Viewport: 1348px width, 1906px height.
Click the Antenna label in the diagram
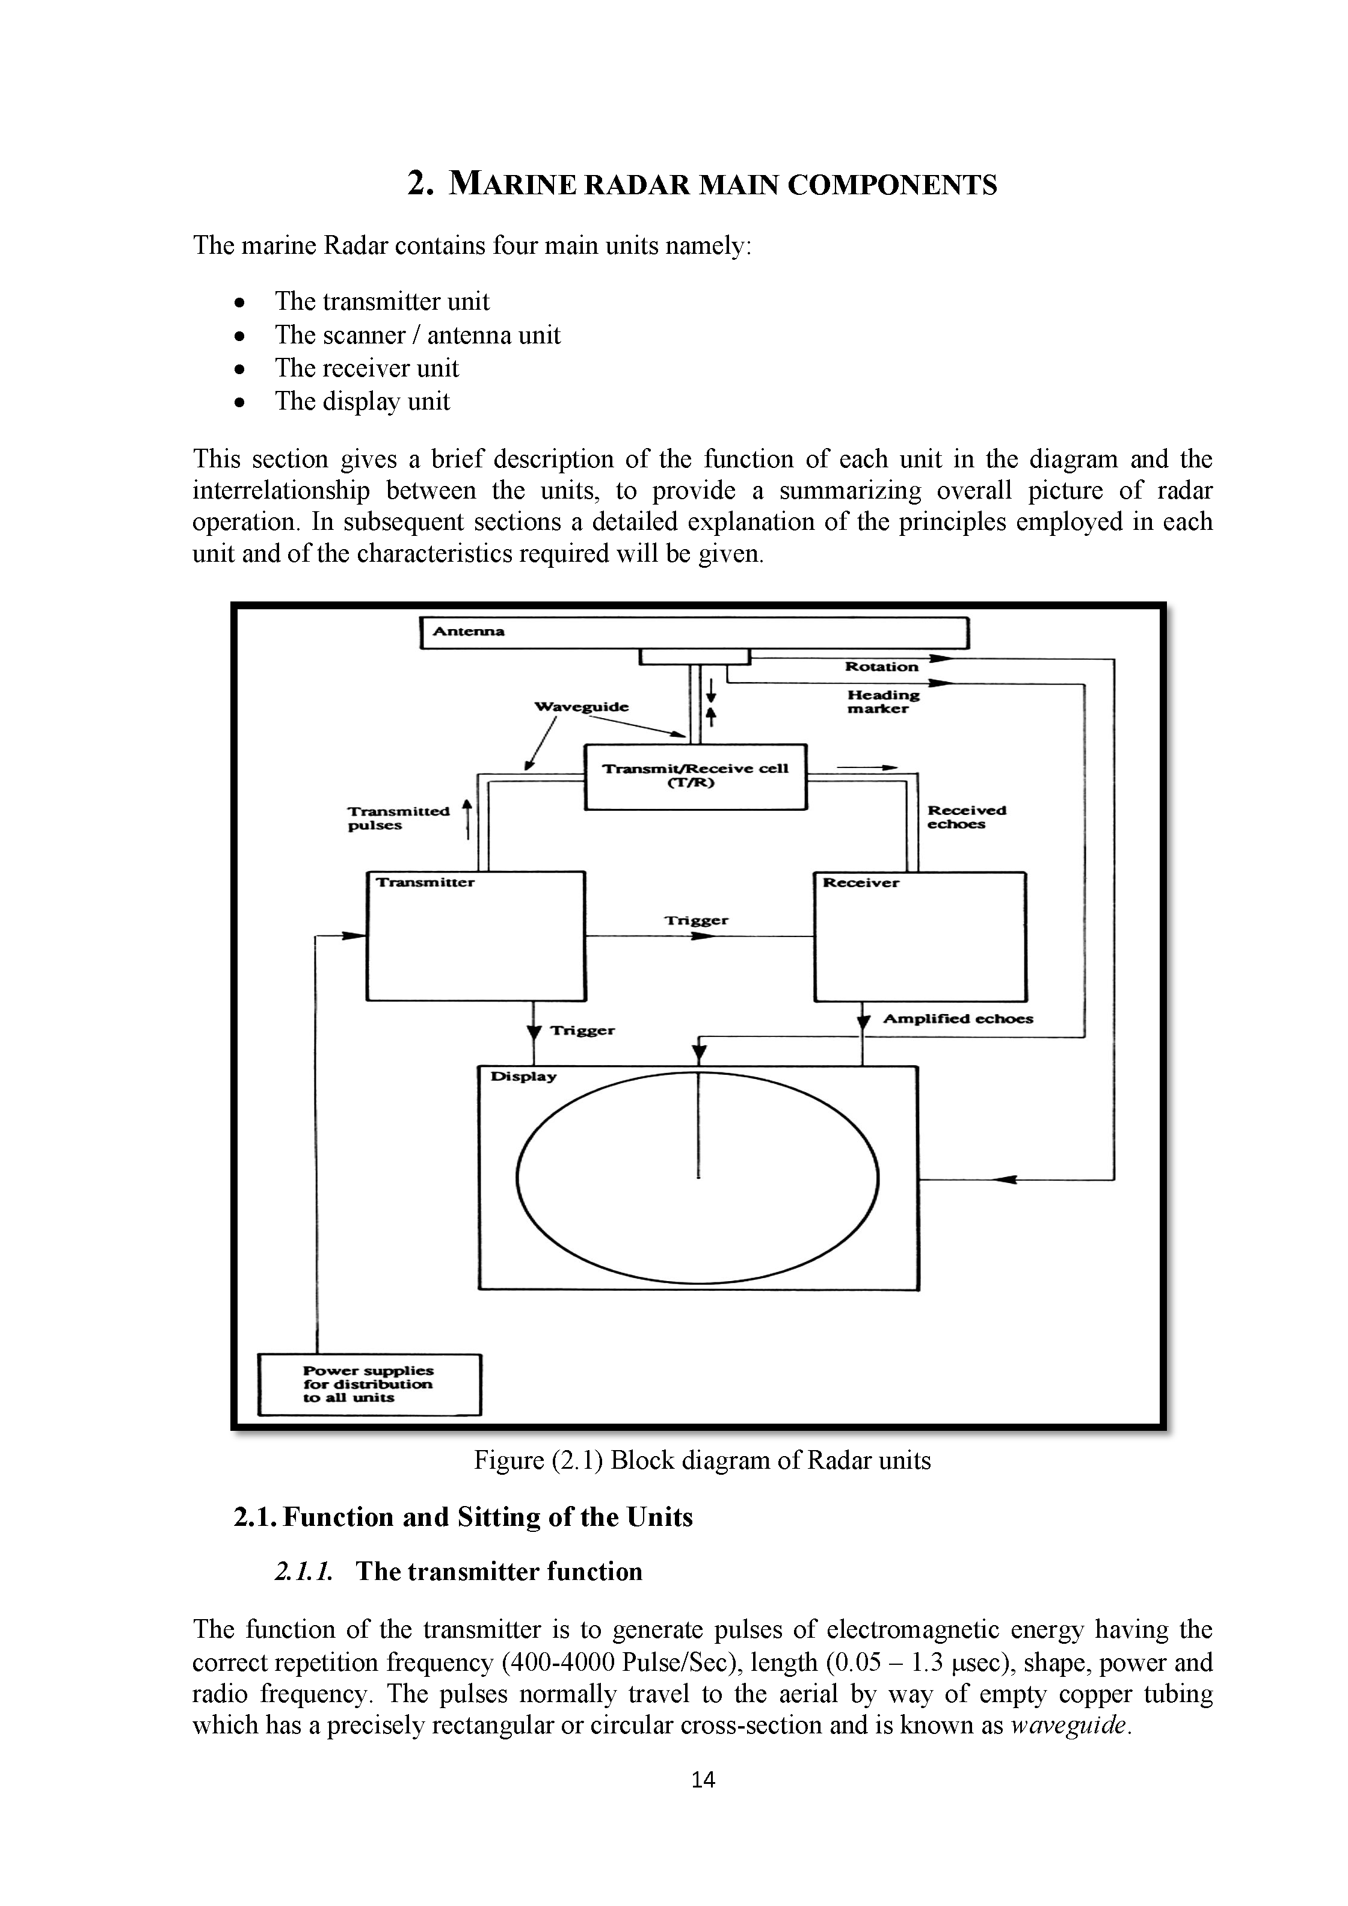click(469, 631)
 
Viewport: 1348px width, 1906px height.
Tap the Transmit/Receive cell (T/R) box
click(695, 776)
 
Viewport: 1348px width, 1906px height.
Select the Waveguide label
click(581, 707)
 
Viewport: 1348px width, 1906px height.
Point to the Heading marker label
click(883, 701)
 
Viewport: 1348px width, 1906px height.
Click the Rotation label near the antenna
click(881, 666)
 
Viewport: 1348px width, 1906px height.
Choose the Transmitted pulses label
click(398, 818)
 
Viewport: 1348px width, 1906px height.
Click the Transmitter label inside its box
click(425, 882)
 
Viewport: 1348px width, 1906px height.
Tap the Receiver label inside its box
click(861, 882)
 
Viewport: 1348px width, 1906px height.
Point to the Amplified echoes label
click(958, 1019)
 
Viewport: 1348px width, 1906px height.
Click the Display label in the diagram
click(524, 1077)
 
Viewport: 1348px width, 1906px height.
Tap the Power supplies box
click(369, 1385)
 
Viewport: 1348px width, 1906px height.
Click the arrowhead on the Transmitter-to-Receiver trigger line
click(702, 936)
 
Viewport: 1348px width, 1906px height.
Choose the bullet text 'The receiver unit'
click(367, 367)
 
